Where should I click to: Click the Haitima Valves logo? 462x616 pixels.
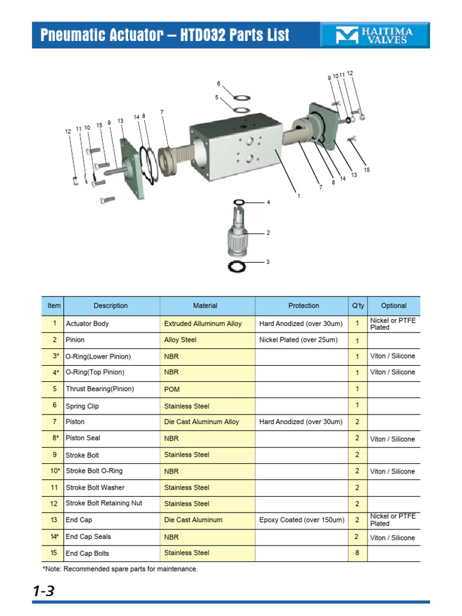375,35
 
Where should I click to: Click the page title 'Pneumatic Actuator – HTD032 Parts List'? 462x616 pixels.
164,35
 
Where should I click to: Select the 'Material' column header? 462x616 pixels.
205,306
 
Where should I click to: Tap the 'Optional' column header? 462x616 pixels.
393,306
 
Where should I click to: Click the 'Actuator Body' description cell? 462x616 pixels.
87,324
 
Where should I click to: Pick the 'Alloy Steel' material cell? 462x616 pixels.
180,340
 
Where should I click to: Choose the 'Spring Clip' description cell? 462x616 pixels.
82,406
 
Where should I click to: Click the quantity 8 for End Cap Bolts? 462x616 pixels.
357,553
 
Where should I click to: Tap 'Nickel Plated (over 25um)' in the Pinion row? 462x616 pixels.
298,340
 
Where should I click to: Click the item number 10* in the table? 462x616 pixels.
54,471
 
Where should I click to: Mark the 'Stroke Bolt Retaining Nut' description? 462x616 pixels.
104,503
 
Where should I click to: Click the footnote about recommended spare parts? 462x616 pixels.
120,568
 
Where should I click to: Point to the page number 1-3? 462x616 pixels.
43,591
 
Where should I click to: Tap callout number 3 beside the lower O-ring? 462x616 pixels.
268,262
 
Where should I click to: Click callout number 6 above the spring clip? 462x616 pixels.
218,84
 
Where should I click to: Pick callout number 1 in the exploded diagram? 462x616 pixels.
298,196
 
